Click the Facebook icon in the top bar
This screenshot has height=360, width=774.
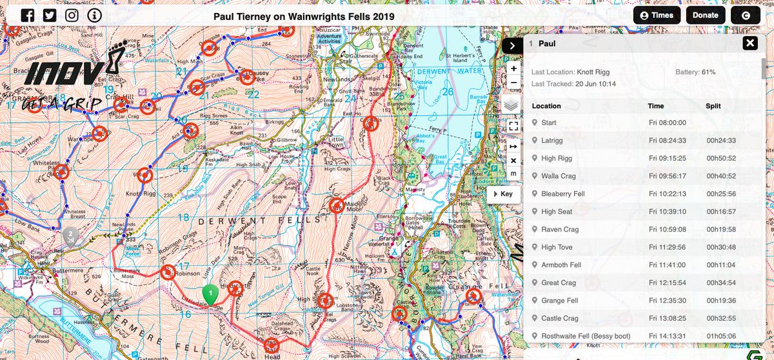pyautogui.click(x=28, y=15)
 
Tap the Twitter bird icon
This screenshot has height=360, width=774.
pyautogui.click(x=50, y=15)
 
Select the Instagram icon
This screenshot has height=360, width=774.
pyautogui.click(x=72, y=15)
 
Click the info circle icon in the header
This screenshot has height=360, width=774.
pyautogui.click(x=95, y=15)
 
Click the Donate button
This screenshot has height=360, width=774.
pyautogui.click(x=705, y=15)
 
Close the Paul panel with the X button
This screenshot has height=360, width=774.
pyautogui.click(x=749, y=44)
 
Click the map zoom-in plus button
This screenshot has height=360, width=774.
pyautogui.click(x=513, y=68)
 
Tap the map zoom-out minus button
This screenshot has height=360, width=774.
pyautogui.click(x=513, y=83)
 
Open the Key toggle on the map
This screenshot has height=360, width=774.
pyautogui.click(x=503, y=194)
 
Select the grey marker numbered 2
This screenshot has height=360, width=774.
pyautogui.click(x=70, y=235)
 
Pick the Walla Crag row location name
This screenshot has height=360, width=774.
pyautogui.click(x=558, y=176)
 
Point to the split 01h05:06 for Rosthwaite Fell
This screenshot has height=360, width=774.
pyautogui.click(x=720, y=336)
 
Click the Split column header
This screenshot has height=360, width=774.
pyautogui.click(x=713, y=106)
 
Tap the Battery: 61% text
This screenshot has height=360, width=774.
pyautogui.click(x=695, y=72)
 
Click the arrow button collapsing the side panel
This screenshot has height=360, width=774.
pyautogui.click(x=511, y=45)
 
